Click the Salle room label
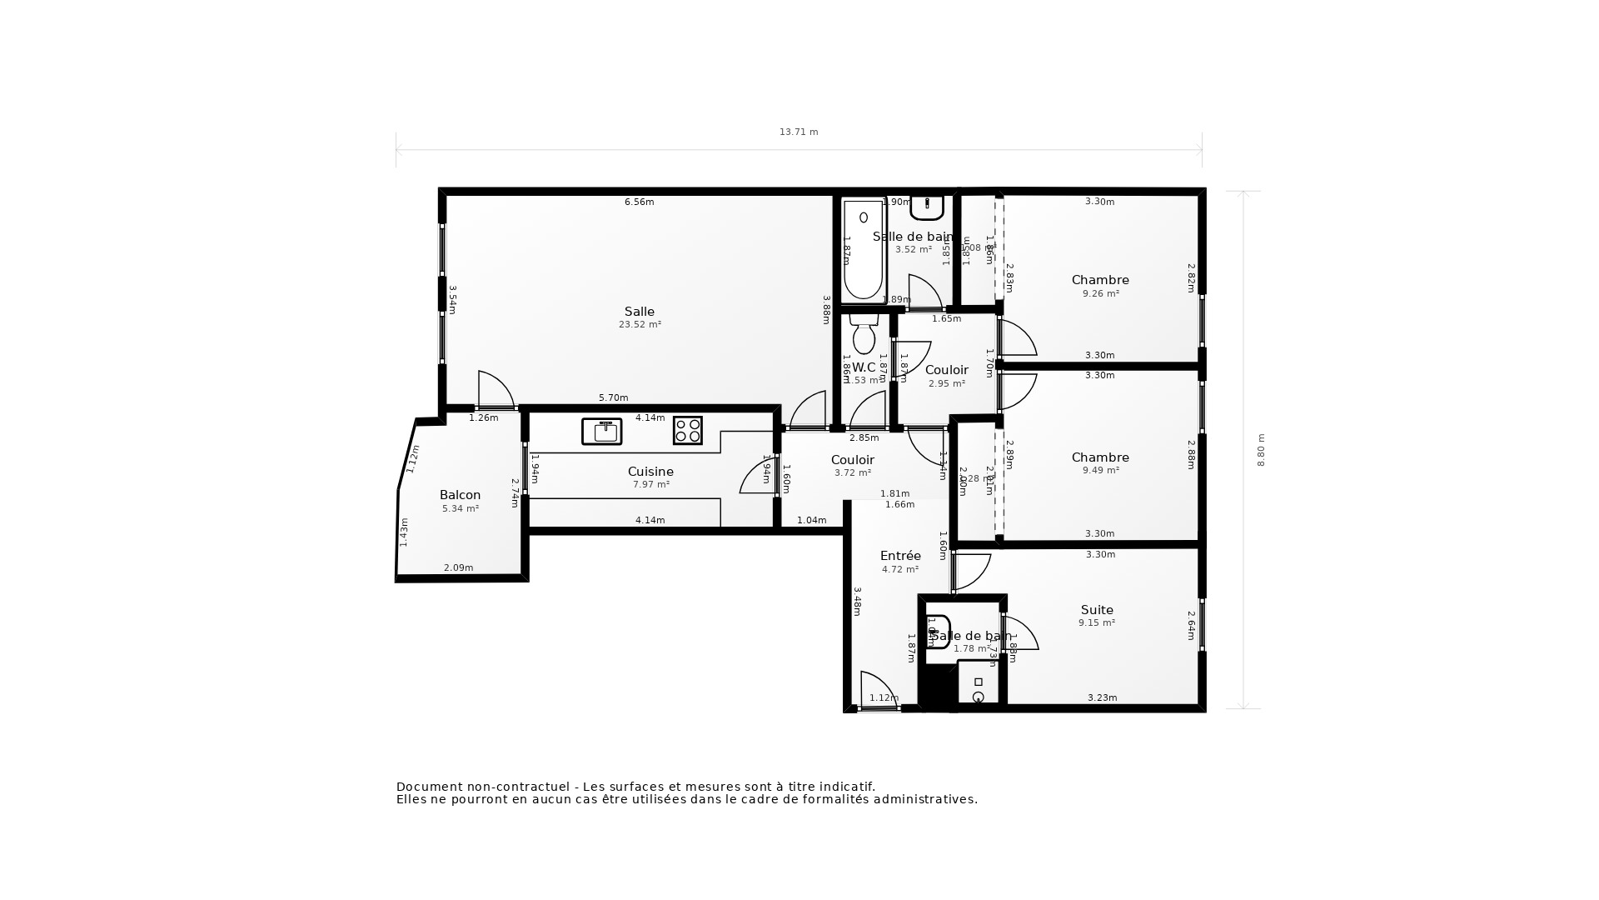coord(639,312)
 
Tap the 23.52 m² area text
coord(640,325)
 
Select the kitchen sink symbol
coord(601,431)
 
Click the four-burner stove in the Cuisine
coord(687,431)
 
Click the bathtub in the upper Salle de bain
coord(863,250)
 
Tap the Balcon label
coord(460,495)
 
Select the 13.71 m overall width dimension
coord(798,132)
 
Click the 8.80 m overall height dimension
coord(1261,450)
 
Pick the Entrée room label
coord(900,556)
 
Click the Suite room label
coord(1097,610)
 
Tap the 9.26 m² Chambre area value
coord(1100,293)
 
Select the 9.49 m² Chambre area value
coord(1100,470)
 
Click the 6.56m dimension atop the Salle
coord(639,202)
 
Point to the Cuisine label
coord(650,472)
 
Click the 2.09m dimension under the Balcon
coord(458,567)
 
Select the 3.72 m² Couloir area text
coord(852,472)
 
